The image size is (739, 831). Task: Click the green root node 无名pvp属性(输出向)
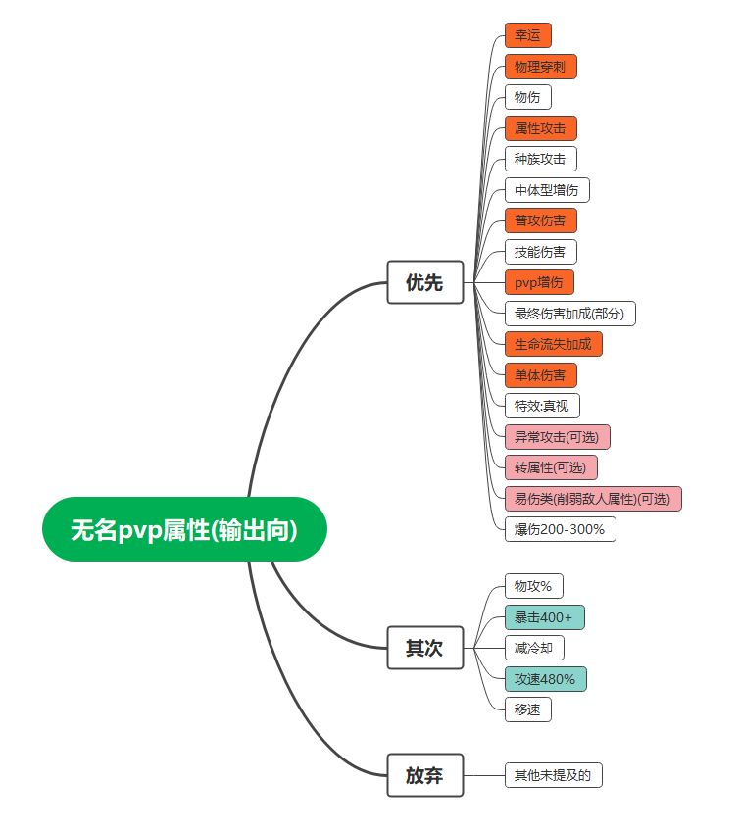pyautogui.click(x=183, y=529)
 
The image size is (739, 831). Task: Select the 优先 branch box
pyautogui.click(x=424, y=282)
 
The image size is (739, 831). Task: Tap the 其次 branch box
pyautogui.click(x=424, y=648)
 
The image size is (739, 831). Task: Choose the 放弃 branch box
pyautogui.click(x=424, y=776)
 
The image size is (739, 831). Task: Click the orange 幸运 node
pyautogui.click(x=527, y=36)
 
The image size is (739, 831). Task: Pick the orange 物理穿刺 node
pyautogui.click(x=540, y=67)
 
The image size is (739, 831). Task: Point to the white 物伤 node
pyautogui.click(x=527, y=97)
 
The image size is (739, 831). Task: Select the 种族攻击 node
pyautogui.click(x=540, y=159)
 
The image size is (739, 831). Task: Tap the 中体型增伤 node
pyautogui.click(x=546, y=190)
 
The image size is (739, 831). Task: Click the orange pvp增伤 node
pyautogui.click(x=539, y=282)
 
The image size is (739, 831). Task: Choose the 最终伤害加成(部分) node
pyautogui.click(x=570, y=314)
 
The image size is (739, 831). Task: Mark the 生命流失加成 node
pyautogui.click(x=553, y=344)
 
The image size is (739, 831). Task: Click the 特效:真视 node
pyautogui.click(x=542, y=406)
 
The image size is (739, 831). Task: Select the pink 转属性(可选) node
pyautogui.click(x=551, y=467)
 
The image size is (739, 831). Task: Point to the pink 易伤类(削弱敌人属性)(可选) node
pyautogui.click(x=592, y=499)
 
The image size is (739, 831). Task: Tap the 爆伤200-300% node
pyautogui.click(x=560, y=529)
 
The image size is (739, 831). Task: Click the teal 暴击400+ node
pyautogui.click(x=544, y=617)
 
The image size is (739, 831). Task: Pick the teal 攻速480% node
pyautogui.click(x=545, y=679)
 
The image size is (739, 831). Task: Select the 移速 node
pyautogui.click(x=527, y=709)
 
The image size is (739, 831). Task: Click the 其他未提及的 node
pyautogui.click(x=553, y=776)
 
